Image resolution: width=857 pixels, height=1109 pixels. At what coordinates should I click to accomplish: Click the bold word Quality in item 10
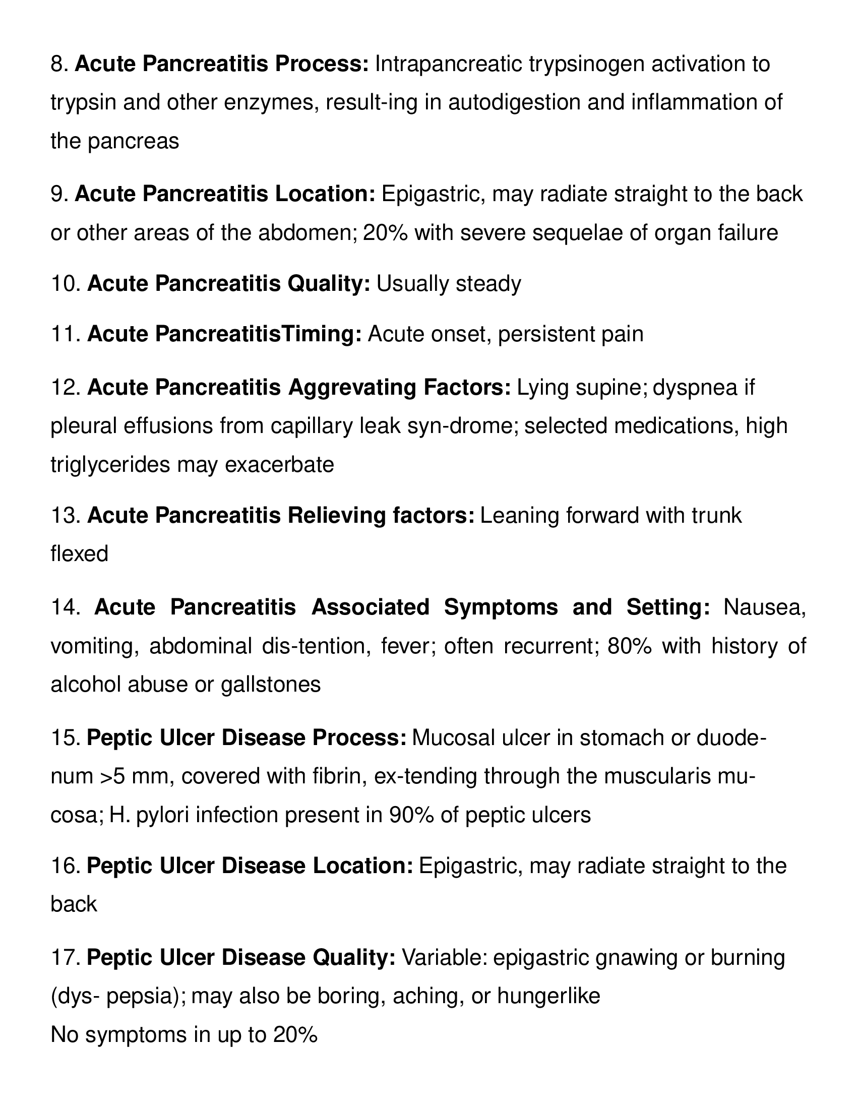(x=330, y=283)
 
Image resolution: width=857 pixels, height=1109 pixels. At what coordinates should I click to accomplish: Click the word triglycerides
(x=110, y=465)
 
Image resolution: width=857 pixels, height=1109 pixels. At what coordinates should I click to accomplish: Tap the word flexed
(x=79, y=553)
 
